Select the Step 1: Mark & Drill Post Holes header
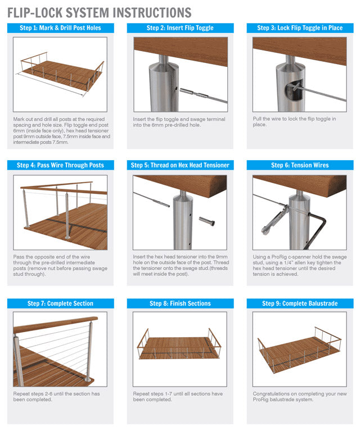point(60,28)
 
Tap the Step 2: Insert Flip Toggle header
point(180,28)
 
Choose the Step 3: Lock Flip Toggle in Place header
point(299,28)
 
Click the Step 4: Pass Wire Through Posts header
point(60,165)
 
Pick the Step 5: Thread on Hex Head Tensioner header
point(180,165)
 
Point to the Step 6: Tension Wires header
point(299,165)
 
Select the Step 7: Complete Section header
point(60,303)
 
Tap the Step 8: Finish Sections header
point(180,303)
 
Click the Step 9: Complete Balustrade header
point(299,303)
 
